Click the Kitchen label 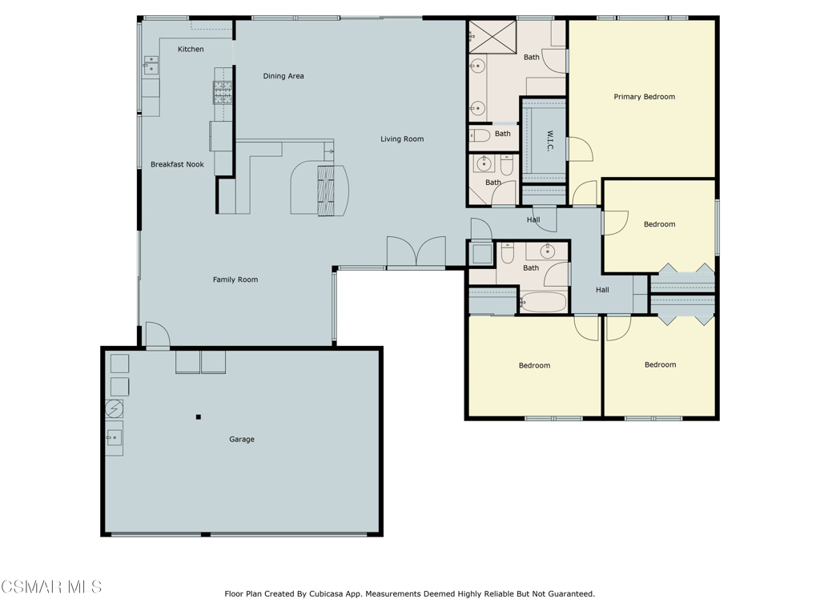[x=191, y=49]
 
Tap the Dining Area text [x=283, y=76]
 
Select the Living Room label [x=402, y=139]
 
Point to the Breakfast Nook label [x=177, y=164]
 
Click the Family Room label [x=235, y=279]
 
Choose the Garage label [x=242, y=440]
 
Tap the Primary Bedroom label [x=645, y=97]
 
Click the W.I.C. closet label [x=549, y=141]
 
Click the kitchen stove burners [x=223, y=93]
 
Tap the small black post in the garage [x=199, y=416]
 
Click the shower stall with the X [x=492, y=37]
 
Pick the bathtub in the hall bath [x=544, y=302]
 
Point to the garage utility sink [x=115, y=438]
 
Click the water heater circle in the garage [x=114, y=408]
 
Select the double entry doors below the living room [x=416, y=252]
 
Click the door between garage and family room [x=158, y=336]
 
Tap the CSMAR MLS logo [x=51, y=587]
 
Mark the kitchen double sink [x=151, y=65]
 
